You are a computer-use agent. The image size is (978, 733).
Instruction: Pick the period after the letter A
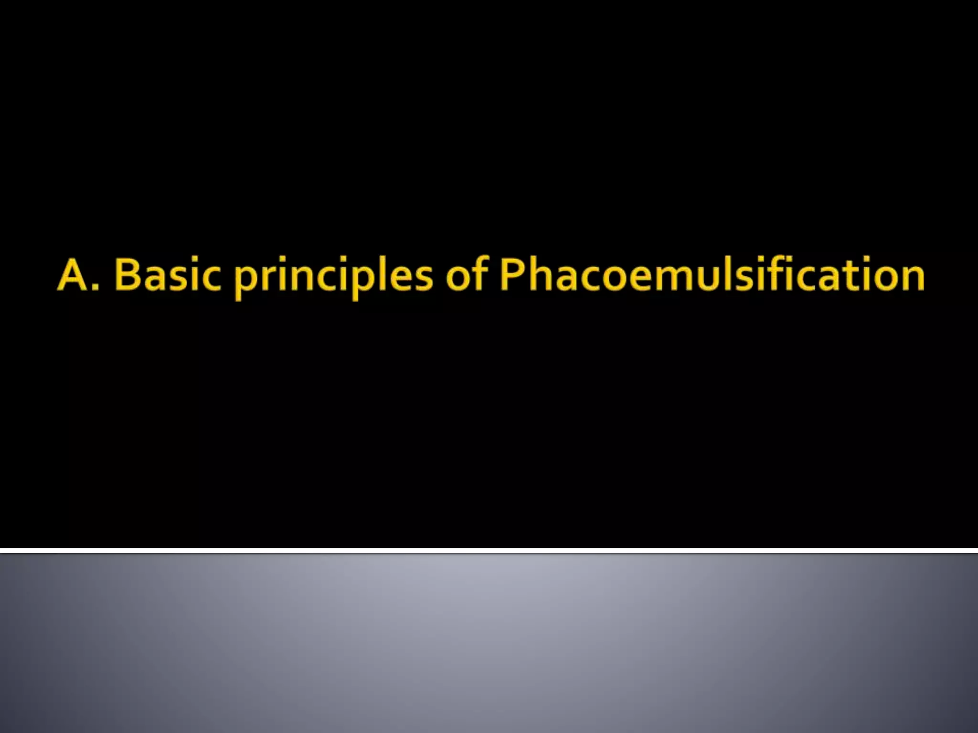pyautogui.click(x=96, y=286)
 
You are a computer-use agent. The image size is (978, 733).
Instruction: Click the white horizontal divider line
pyautogui.click(x=489, y=551)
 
